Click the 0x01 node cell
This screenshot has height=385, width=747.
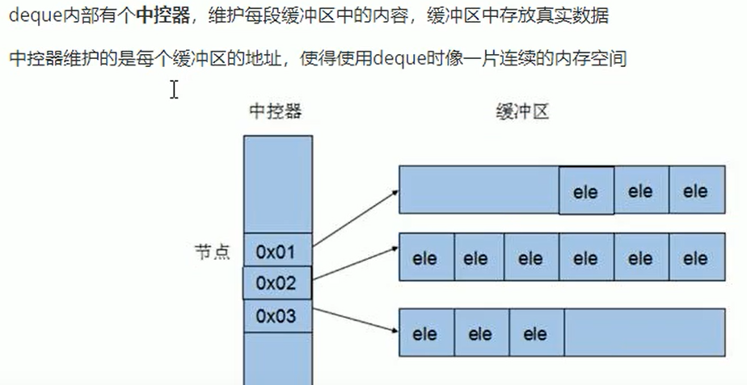[x=277, y=252]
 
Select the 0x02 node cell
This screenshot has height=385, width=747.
[x=277, y=283]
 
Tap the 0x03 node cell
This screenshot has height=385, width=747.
[x=277, y=316]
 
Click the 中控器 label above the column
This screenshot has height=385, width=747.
[x=275, y=111]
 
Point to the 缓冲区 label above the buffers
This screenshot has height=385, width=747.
[x=522, y=111]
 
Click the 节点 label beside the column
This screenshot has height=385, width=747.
[x=213, y=252]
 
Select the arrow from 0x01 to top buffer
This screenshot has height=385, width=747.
[x=356, y=217]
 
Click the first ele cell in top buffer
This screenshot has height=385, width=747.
[x=585, y=191]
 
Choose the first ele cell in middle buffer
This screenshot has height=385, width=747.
[x=425, y=258]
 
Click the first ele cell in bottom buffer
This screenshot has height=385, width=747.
[x=425, y=333]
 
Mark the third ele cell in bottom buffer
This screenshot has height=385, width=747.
[x=535, y=333]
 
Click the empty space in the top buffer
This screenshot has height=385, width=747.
[x=479, y=191]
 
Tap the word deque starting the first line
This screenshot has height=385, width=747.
[x=30, y=17]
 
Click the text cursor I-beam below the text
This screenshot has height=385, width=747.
[x=174, y=90]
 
